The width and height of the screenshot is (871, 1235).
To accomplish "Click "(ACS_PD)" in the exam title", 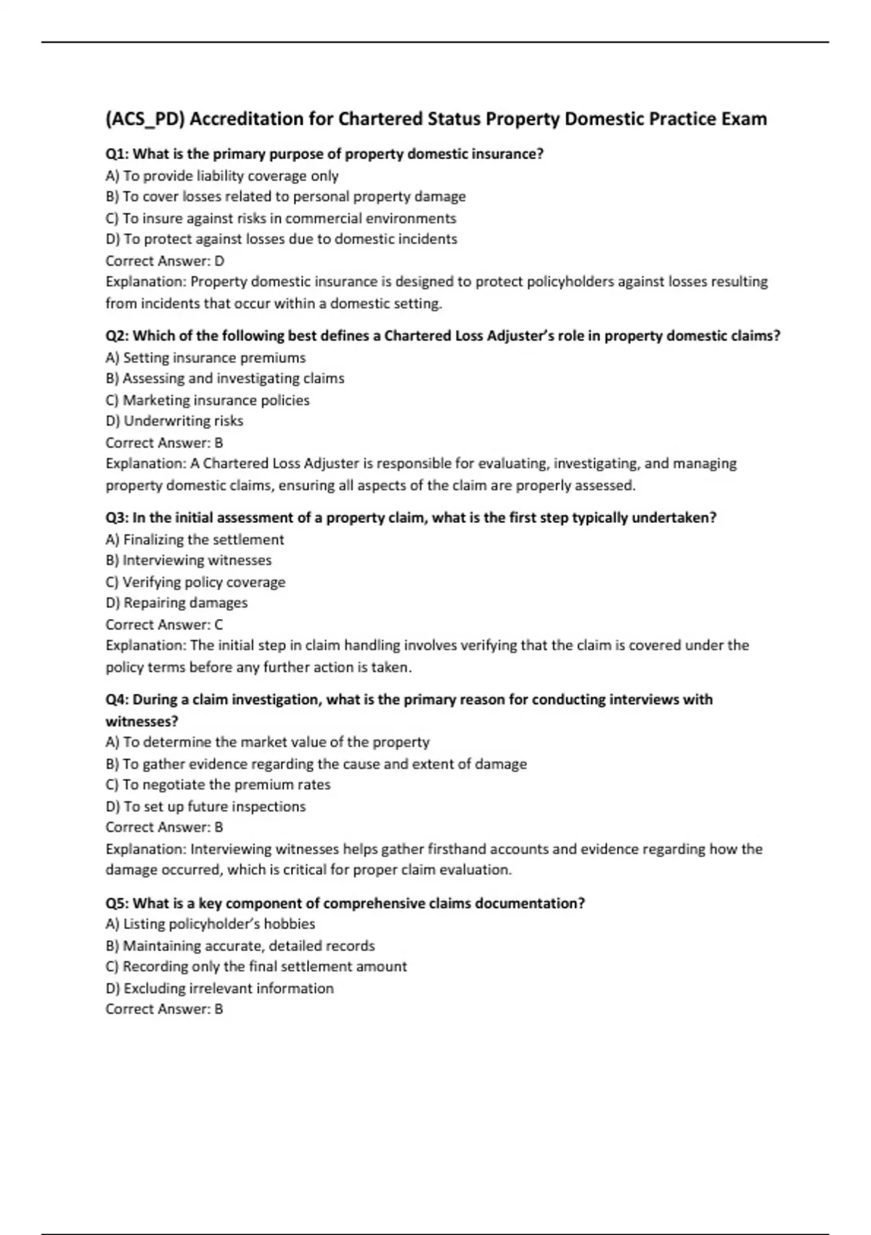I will point(144,119).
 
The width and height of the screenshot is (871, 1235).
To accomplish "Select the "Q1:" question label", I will point(118,154).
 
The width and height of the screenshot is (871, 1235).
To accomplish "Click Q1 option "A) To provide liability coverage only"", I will point(222,176).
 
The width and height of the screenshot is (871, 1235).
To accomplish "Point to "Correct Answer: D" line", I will point(165,261).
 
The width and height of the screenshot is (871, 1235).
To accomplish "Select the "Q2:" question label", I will point(118,336).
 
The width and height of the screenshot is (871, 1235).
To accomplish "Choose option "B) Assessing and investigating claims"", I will point(225,378).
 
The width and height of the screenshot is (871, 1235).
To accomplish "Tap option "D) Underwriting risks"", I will point(174,421).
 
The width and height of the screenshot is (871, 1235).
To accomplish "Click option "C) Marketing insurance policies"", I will point(208,400).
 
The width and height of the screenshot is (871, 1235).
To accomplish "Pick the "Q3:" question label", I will point(118,518).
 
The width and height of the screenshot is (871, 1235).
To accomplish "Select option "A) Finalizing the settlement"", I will point(195,540).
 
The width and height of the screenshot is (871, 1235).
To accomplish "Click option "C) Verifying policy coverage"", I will point(195,582).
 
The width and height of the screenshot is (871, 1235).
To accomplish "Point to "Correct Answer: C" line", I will point(164,625).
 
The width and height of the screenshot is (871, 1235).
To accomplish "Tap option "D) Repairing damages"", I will point(176,603).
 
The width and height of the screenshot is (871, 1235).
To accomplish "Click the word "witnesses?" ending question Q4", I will point(142,721).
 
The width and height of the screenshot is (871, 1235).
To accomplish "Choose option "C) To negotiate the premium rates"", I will point(218,785).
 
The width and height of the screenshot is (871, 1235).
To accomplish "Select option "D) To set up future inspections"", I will point(205,806).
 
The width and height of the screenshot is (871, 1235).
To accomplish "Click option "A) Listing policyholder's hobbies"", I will point(210,924).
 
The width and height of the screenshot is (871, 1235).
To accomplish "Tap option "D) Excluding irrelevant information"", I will point(219,988).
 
